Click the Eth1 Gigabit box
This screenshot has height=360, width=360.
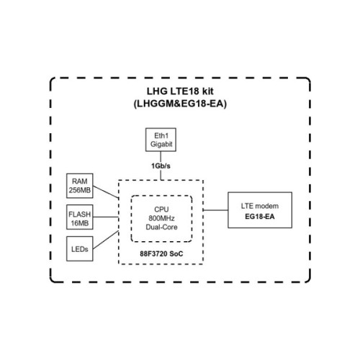[x=161, y=140]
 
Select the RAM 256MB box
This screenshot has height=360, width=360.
[x=78, y=185]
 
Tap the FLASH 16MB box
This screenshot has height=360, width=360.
[x=78, y=219]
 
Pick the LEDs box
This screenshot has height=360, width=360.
[x=78, y=249]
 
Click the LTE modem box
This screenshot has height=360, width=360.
[x=261, y=210]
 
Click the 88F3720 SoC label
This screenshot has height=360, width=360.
[x=161, y=253]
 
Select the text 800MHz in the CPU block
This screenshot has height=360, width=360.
[x=161, y=217]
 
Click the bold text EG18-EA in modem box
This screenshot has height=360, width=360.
[x=261, y=215]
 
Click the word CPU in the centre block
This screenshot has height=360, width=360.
[x=161, y=207]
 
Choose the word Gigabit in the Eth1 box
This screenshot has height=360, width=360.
[x=161, y=144]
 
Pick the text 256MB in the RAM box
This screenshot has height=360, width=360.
[x=78, y=190]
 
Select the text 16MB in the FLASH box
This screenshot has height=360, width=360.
[x=78, y=224]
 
